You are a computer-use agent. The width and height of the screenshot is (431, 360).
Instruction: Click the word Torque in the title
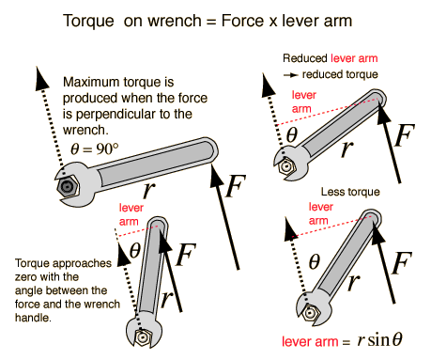pos(88,22)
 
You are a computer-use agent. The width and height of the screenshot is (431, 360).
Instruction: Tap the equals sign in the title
pos(211,22)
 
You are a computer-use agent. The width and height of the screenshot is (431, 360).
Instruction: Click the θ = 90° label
pos(95,149)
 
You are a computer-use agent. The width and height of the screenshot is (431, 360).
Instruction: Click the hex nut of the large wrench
pos(68,187)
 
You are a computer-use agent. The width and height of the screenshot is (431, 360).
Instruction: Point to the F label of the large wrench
pos(236,186)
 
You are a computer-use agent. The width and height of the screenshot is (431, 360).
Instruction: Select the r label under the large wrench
pos(149,190)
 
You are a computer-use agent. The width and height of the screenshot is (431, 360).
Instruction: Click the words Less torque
pos(350,192)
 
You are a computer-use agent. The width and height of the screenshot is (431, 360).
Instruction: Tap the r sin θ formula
pos(379,340)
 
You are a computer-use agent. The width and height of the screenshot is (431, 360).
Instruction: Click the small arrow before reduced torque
pos(290,75)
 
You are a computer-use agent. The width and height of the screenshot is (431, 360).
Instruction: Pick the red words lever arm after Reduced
pos(354,58)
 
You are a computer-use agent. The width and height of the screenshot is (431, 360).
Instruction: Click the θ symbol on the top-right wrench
pos(292,135)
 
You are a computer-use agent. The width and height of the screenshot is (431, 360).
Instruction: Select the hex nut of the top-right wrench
pos(285,167)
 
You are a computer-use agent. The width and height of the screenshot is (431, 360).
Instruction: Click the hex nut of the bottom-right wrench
pos(310,313)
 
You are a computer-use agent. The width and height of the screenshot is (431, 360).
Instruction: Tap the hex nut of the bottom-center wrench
pos(143,337)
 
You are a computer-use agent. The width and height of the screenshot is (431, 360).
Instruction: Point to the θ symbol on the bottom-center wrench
pos(135,250)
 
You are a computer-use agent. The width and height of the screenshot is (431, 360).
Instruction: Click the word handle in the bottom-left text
pos(33,318)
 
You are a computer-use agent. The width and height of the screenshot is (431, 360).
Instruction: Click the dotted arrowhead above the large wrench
pos(40,78)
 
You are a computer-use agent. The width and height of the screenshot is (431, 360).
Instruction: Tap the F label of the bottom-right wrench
pos(402,263)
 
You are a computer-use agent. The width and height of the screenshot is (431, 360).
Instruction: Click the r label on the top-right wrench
pos(347,149)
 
